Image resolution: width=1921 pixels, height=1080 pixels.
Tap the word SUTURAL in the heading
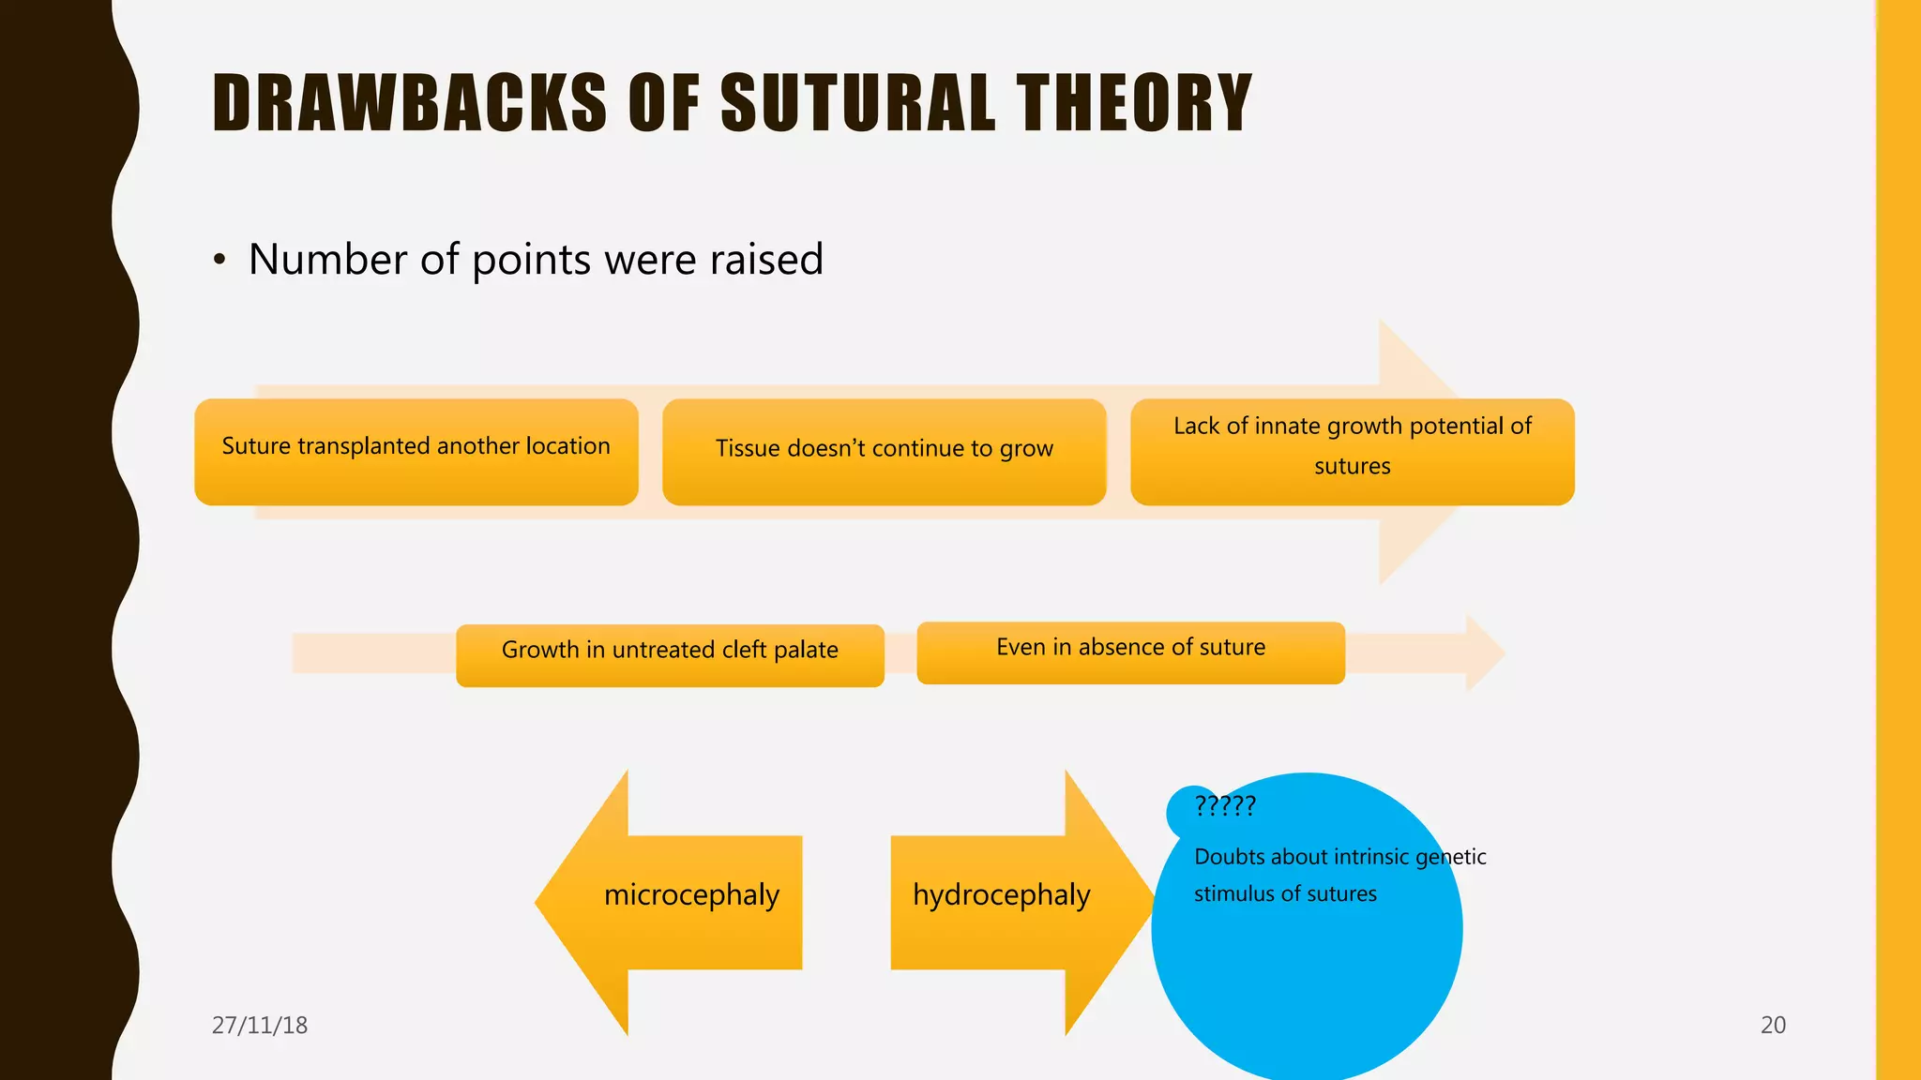(857, 103)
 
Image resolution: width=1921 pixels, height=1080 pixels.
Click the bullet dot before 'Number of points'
(219, 260)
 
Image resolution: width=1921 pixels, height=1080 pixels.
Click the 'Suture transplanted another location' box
(416, 452)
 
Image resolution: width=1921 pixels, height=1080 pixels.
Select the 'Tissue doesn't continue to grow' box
(884, 452)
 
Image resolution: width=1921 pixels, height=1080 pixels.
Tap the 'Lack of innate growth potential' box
(1352, 452)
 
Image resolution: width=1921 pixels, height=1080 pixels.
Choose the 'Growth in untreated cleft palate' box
(670, 654)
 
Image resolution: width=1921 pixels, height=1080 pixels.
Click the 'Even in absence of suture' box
(1130, 652)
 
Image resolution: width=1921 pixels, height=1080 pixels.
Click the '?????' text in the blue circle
(1224, 805)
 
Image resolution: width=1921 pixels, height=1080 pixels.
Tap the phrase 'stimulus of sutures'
(1285, 894)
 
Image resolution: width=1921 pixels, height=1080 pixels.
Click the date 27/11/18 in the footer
(260, 1025)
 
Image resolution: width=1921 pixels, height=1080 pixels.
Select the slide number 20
(1773, 1025)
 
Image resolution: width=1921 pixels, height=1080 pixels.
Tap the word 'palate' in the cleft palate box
(806, 650)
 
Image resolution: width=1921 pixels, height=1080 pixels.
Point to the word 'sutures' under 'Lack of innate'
(1352, 466)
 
